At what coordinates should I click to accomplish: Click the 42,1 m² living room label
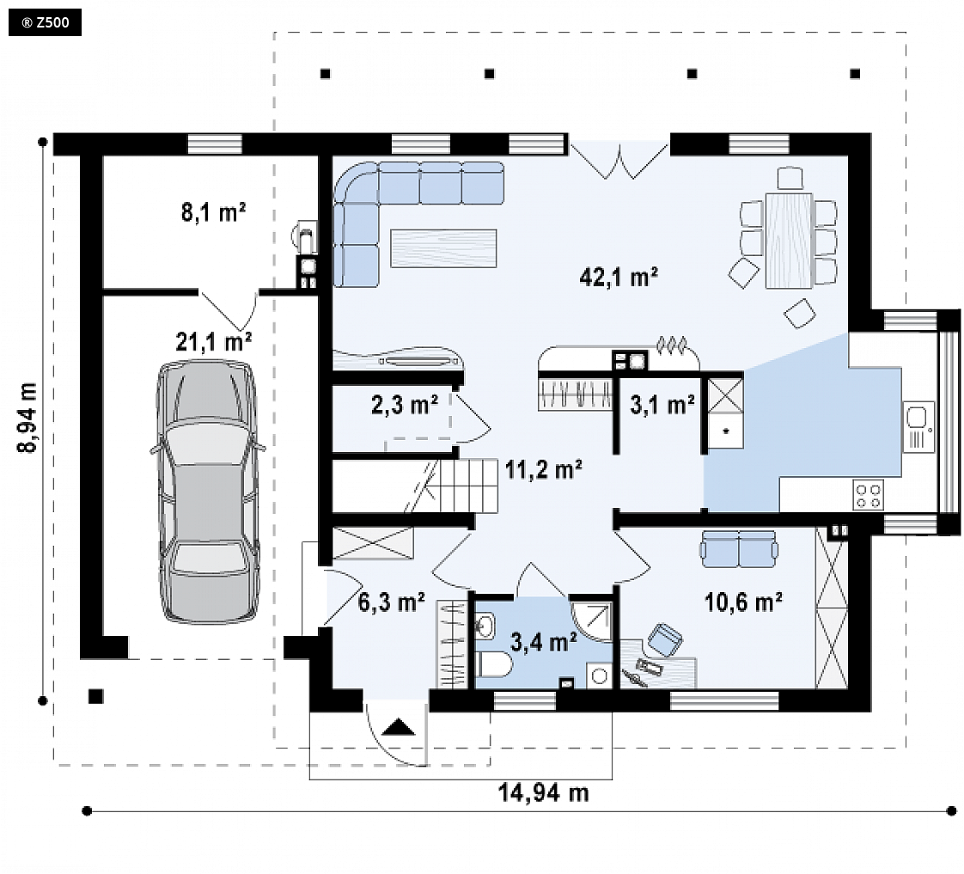pyautogui.click(x=619, y=277)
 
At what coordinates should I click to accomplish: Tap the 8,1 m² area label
pyautogui.click(x=213, y=212)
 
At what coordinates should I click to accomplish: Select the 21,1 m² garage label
pyautogui.click(x=213, y=341)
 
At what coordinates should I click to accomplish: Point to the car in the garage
pyautogui.click(x=209, y=492)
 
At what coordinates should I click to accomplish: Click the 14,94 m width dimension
pyautogui.click(x=543, y=792)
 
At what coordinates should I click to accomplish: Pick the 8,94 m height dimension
pyautogui.click(x=27, y=418)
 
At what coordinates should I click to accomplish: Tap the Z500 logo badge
pyautogui.click(x=45, y=23)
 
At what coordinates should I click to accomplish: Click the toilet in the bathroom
pyautogui.click(x=494, y=664)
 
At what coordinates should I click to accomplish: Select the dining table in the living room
pyautogui.click(x=789, y=241)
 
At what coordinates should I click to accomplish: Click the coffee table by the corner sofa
pyautogui.click(x=443, y=248)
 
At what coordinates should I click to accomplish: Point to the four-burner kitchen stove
pyautogui.click(x=869, y=496)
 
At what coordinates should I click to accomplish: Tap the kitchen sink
pyautogui.click(x=918, y=426)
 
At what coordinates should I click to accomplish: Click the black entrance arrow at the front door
pyautogui.click(x=398, y=727)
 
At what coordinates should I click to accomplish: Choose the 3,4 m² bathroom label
pyautogui.click(x=544, y=642)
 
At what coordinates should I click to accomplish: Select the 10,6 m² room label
pyautogui.click(x=742, y=602)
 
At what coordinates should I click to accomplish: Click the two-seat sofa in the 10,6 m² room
pyautogui.click(x=738, y=549)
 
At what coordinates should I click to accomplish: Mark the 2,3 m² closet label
pyautogui.click(x=405, y=405)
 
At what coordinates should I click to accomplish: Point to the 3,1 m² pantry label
pyautogui.click(x=662, y=404)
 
